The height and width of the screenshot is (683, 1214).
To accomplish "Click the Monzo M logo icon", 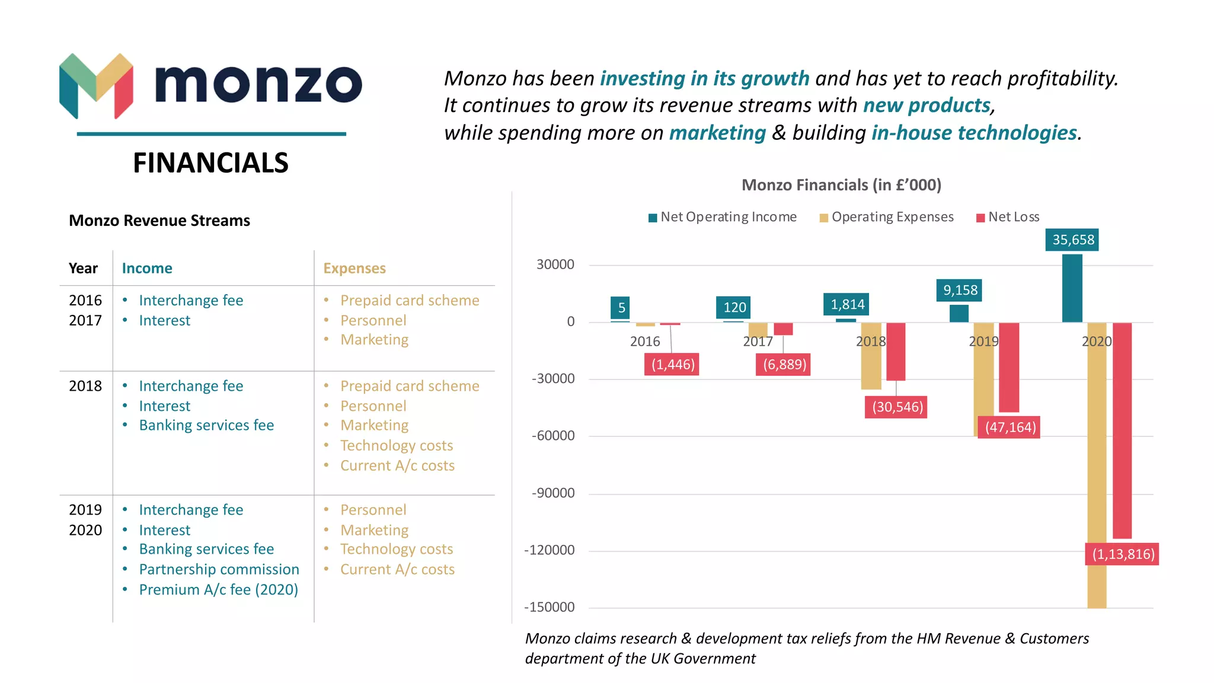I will (x=96, y=86).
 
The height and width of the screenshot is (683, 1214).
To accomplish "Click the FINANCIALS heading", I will (x=210, y=163).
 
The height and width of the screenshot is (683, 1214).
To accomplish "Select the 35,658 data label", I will (x=1072, y=240).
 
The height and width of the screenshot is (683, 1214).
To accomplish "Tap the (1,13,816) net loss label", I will (x=1123, y=554).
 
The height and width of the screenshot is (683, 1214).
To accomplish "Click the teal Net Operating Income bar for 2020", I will (x=1072, y=288).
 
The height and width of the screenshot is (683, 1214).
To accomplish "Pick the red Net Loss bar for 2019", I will (x=1009, y=368).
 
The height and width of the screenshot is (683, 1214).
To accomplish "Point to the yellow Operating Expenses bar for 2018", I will (x=871, y=356).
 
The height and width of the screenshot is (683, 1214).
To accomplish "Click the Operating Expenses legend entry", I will (x=887, y=217).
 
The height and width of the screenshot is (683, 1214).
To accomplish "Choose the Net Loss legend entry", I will (x=1008, y=217).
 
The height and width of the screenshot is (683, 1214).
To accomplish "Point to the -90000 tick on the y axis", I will (x=553, y=493).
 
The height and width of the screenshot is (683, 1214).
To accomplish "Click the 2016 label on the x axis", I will (x=645, y=341).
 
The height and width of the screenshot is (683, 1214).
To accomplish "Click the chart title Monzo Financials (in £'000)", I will (x=841, y=185).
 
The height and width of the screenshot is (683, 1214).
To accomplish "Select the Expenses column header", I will (x=354, y=269).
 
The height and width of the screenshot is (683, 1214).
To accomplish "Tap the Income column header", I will (x=147, y=269).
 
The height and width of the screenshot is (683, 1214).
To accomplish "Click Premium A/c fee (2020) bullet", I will (x=218, y=590).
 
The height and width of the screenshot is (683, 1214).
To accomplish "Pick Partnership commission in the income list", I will (x=219, y=570).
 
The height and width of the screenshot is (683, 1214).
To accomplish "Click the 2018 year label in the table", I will (x=85, y=387).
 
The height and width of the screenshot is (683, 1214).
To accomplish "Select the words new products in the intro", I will (x=927, y=106).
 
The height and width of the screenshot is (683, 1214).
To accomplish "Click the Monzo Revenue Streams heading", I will (x=159, y=221).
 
